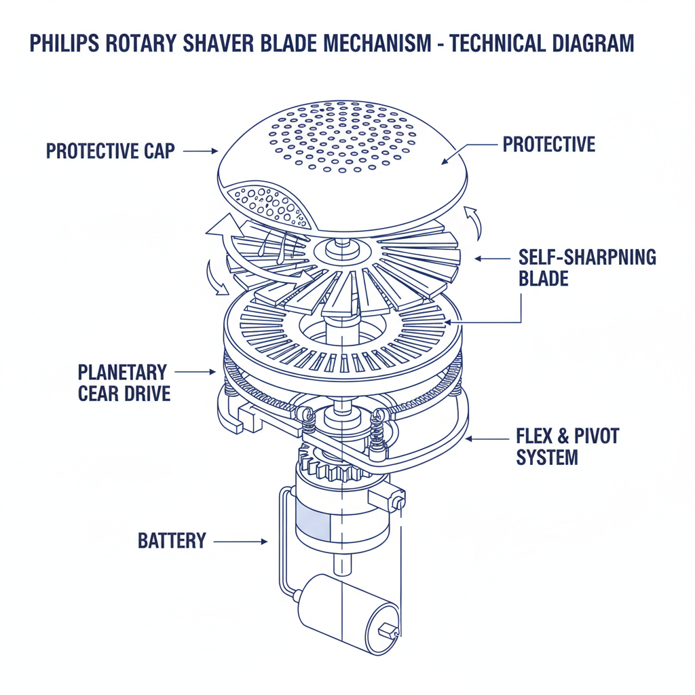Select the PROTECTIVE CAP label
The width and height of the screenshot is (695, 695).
pos(110,151)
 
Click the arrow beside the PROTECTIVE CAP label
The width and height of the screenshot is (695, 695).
pos(200,151)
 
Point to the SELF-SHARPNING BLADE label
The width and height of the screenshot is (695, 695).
pos(587,267)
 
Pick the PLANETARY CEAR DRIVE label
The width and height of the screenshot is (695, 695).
pos(124,382)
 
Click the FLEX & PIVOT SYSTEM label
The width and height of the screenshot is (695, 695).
pos(567,446)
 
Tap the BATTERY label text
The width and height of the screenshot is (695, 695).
pos(172,541)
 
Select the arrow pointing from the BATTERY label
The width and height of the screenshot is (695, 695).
pos(241,542)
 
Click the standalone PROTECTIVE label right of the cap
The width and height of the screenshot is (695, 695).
pos(548,144)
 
